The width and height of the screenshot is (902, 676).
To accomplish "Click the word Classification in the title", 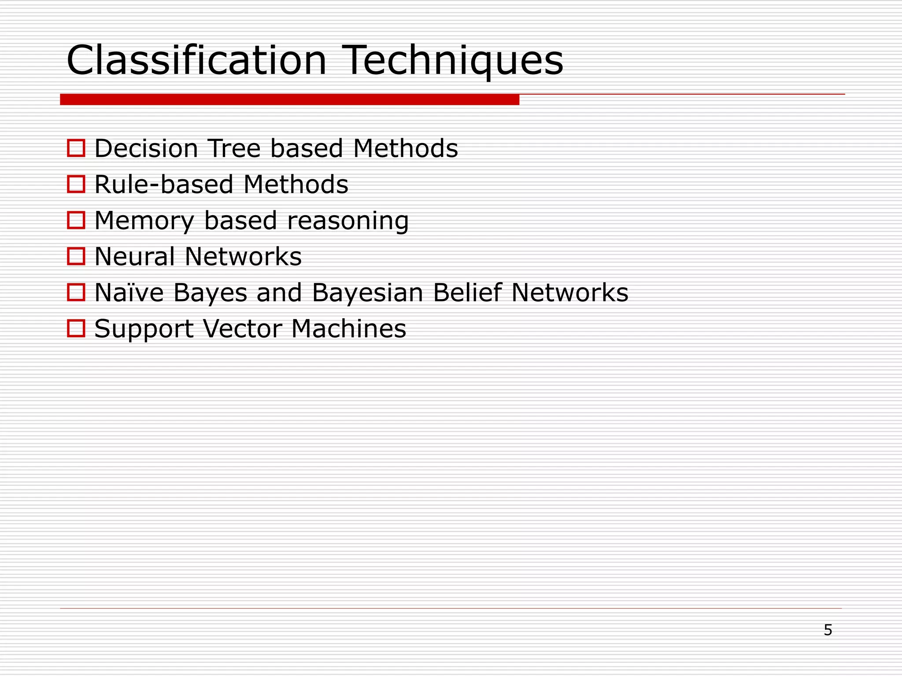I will point(196,60).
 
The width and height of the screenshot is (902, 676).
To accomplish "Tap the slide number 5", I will point(828,630).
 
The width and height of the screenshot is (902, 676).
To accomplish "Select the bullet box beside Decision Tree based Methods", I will point(76,148).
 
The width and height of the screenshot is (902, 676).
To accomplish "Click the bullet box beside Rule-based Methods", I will point(76,184).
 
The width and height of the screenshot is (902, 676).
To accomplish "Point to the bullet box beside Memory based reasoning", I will point(76,220).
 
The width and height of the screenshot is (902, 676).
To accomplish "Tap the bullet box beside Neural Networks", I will point(76,256).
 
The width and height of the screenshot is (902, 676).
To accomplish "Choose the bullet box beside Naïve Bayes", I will point(76,292).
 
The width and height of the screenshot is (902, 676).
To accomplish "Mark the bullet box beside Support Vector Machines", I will point(76,328).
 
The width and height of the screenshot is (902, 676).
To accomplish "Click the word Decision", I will point(146,148).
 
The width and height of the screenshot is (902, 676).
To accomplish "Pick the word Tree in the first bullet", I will point(234,148).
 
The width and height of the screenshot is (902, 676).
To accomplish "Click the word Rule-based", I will point(163,184).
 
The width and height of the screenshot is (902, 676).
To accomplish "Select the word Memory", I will point(144,220).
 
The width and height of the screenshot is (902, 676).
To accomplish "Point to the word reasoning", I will point(348,220).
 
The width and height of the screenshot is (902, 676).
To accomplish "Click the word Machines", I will point(348,329).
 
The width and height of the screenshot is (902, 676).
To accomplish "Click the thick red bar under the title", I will point(289,99).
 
